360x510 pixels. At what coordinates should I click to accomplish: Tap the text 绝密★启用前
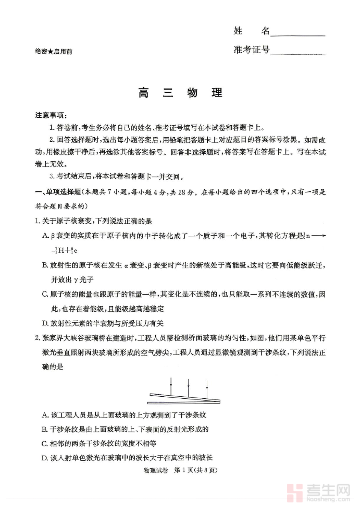tap(54, 51)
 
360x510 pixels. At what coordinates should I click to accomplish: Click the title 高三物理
tap(180, 93)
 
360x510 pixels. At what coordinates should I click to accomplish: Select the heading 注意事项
tap(50, 115)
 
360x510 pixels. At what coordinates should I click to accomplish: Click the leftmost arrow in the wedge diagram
tap(171, 386)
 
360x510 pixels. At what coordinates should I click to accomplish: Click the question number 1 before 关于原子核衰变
tap(37, 221)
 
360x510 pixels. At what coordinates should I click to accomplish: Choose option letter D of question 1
tap(45, 323)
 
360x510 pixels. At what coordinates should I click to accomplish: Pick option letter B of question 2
tap(45, 430)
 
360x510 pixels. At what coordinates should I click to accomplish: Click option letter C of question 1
tap(45, 294)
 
